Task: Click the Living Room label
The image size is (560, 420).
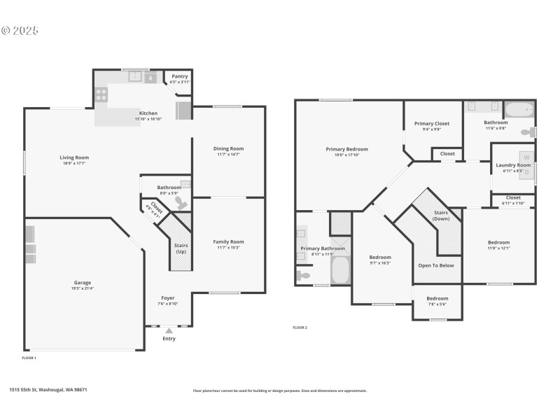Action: (74, 157)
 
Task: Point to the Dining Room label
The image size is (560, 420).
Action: (228, 148)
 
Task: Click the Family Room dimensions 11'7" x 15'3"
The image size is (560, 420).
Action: (228, 248)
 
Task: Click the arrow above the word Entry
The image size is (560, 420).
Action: (169, 330)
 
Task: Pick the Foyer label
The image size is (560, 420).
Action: (168, 297)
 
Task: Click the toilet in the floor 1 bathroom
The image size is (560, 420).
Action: (181, 203)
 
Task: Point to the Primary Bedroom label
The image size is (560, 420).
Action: (346, 149)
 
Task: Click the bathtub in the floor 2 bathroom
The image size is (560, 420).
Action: (519, 110)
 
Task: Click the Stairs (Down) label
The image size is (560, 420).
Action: (442, 215)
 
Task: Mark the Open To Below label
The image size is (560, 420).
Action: (436, 265)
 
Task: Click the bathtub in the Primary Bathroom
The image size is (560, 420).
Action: (340, 269)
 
